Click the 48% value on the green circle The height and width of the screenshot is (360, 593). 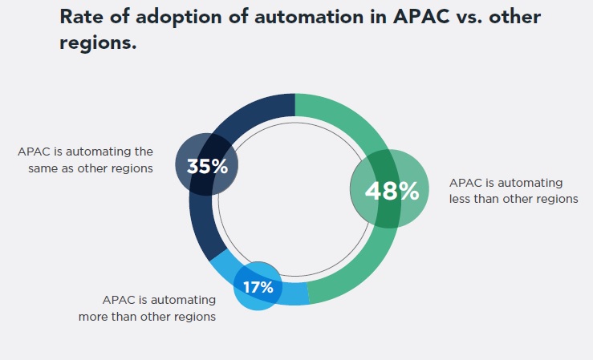392,191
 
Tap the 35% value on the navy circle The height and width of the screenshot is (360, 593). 207,167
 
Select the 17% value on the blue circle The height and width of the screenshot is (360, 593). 258,287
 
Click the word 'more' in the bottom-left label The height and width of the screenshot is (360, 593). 94,316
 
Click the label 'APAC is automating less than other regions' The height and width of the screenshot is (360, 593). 514,191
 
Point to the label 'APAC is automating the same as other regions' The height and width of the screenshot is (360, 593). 85,159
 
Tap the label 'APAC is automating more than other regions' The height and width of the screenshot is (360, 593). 147,308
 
